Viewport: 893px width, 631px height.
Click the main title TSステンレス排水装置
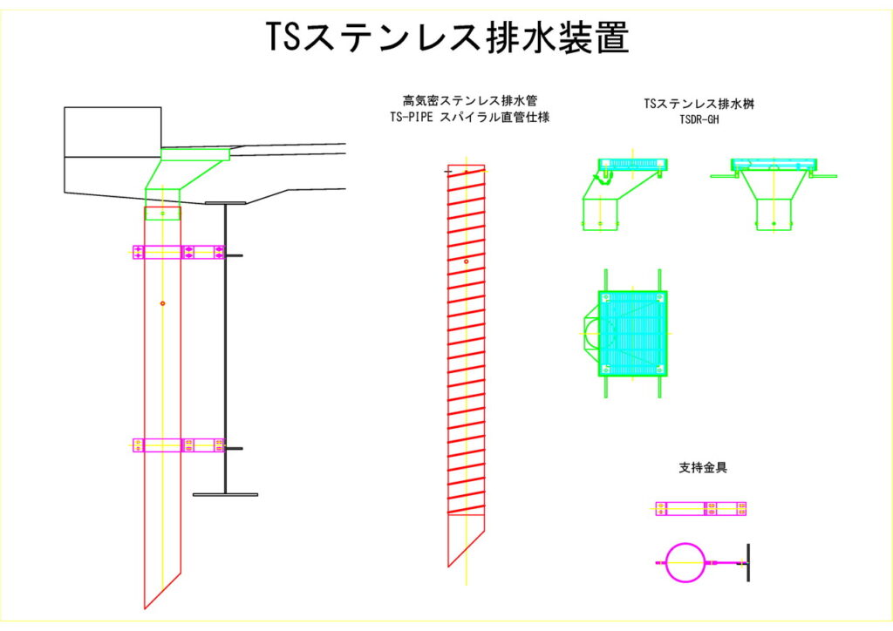pyautogui.click(x=446, y=37)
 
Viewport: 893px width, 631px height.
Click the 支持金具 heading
pyautogui.click(x=703, y=467)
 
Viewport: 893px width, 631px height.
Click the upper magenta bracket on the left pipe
pyautogui.click(x=178, y=252)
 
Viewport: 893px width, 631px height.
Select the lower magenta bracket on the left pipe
pyautogui.click(x=178, y=444)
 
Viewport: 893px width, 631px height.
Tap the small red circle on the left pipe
pyautogui.click(x=162, y=302)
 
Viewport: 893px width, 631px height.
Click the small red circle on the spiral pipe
pyautogui.click(x=466, y=261)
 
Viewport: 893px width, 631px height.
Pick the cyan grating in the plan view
pyautogui.click(x=632, y=333)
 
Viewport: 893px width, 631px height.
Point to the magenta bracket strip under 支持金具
pyautogui.click(x=701, y=509)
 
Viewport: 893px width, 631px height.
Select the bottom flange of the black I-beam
pyautogui.click(x=225, y=494)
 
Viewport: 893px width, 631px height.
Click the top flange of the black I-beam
pyautogui.click(x=225, y=203)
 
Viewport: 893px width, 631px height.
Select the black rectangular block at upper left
pyautogui.click(x=112, y=132)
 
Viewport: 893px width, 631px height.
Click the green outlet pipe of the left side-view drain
pyautogui.click(x=601, y=214)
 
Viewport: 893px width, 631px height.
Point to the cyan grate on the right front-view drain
pyautogui.click(x=774, y=165)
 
